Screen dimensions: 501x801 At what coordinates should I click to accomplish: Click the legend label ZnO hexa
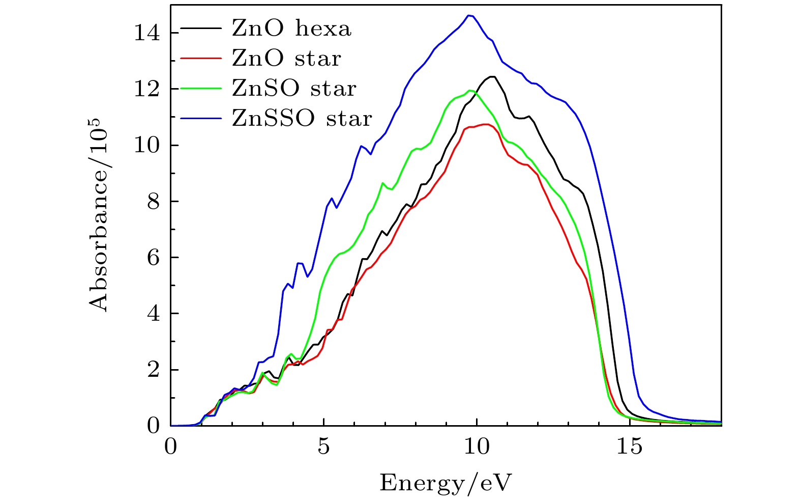(291, 29)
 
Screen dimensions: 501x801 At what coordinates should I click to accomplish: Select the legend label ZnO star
(286, 59)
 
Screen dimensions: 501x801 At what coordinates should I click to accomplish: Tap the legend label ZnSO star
(294, 89)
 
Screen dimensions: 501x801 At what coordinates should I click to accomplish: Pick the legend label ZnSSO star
(302, 118)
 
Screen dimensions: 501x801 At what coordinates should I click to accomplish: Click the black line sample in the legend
(201, 28)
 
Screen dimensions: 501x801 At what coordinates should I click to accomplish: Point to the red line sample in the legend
(201, 58)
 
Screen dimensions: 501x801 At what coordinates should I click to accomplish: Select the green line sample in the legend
(201, 88)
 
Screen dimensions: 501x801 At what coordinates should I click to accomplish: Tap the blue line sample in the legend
(201, 118)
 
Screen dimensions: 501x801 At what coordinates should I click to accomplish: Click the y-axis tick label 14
(147, 33)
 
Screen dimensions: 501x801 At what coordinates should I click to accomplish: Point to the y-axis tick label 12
(147, 89)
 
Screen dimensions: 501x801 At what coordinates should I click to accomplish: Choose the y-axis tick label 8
(153, 201)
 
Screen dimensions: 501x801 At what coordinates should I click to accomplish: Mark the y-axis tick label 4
(153, 314)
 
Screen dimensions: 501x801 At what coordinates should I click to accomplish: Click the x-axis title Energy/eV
(446, 482)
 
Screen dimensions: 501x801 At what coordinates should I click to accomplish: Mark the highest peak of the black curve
(492, 76)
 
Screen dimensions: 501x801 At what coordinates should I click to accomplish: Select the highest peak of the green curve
(471, 91)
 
